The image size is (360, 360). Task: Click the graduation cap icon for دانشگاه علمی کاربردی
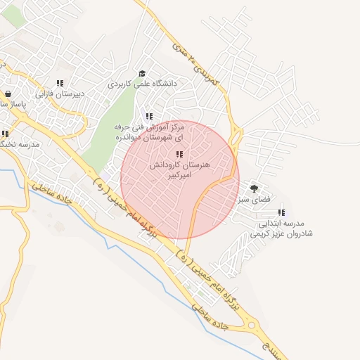[x=142, y=74]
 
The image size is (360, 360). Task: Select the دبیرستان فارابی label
[x=60, y=93]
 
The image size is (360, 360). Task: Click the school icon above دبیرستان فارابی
[x=60, y=83]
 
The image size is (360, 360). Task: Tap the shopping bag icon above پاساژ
[x=7, y=94]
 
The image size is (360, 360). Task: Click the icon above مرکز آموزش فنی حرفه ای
[x=148, y=116]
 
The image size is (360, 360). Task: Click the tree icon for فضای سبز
[x=254, y=188]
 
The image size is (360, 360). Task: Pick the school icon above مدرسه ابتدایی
[x=281, y=212]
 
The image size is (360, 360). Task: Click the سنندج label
[x=271, y=347]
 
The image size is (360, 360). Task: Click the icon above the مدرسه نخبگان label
[x=4, y=134]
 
